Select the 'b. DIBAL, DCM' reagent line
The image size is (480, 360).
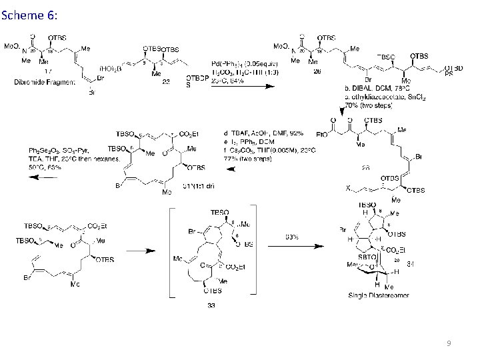[374, 88]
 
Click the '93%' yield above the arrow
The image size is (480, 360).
[291, 236]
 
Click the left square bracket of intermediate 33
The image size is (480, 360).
[172, 253]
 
